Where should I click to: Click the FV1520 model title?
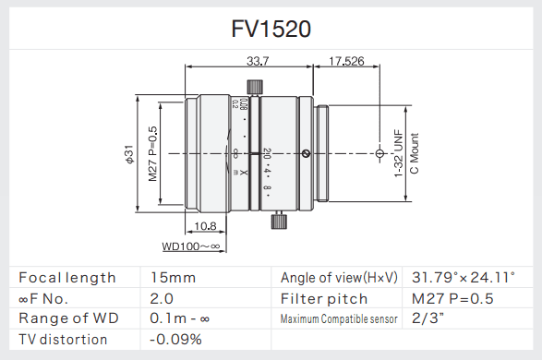pyautogui.click(x=271, y=30)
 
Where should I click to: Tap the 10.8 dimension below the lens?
pyautogui.click(x=207, y=225)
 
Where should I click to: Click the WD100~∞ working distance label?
pyautogui.click(x=191, y=246)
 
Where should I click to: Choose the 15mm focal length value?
pyautogui.click(x=173, y=277)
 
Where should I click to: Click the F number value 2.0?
pyautogui.click(x=162, y=298)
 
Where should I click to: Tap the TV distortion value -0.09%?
pyautogui.click(x=176, y=340)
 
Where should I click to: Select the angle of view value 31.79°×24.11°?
pyautogui.click(x=463, y=277)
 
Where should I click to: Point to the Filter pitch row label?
pyautogui.click(x=324, y=298)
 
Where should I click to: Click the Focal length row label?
pyautogui.click(x=67, y=277)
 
